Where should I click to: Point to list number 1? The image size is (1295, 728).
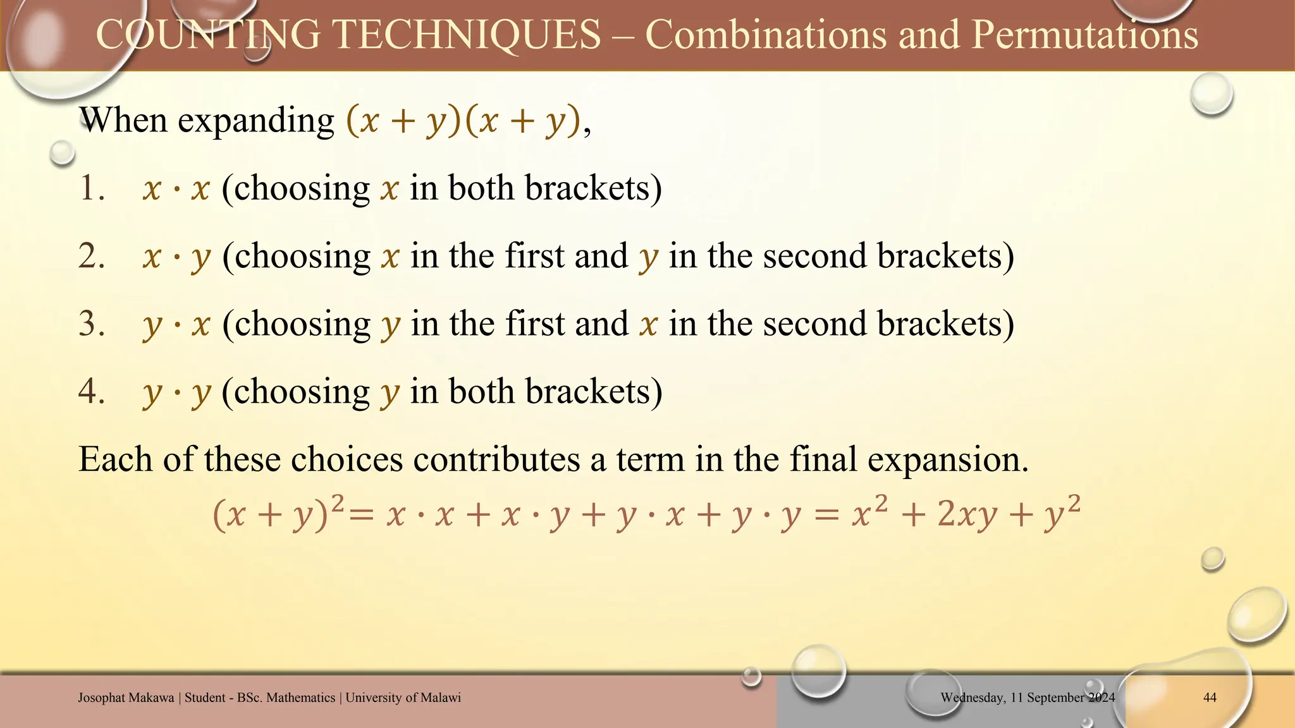pyautogui.click(x=92, y=188)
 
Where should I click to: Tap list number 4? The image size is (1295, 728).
pyautogui.click(x=92, y=391)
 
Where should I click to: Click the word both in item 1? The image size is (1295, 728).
pyautogui.click(x=481, y=188)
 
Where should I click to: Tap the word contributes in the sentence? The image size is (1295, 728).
pyautogui.click(x=496, y=459)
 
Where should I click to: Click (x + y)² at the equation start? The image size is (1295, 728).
pyautogui.click(x=279, y=513)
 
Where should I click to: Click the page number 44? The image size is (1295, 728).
pyautogui.click(x=1210, y=698)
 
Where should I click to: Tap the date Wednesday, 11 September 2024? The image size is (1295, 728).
pyautogui.click(x=1028, y=698)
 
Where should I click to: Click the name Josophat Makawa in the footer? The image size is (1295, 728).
pyautogui.click(x=126, y=698)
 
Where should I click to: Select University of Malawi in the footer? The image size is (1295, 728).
pyautogui.click(x=403, y=698)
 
